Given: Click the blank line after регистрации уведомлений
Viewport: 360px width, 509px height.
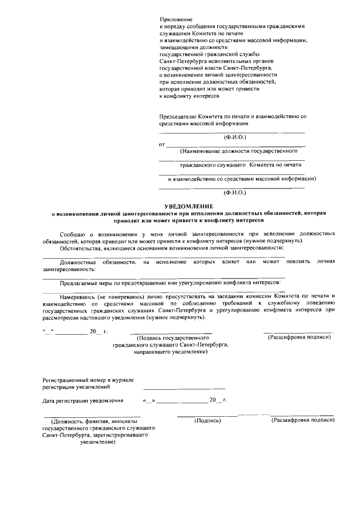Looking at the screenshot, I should pyautogui.click(x=184, y=388).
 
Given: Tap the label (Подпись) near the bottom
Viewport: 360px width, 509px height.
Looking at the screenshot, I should pyautogui.click(x=207, y=421).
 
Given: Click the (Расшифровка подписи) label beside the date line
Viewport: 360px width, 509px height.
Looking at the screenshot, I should pyautogui.click(x=298, y=337).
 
